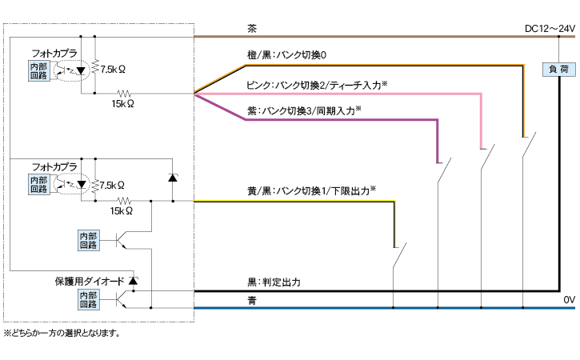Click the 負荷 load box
pos(558,70)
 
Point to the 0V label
pos(569,300)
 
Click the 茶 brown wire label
pos(252,28)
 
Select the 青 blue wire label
pos(252,300)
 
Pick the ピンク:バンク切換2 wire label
pos(317,85)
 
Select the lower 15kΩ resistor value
pos(121,211)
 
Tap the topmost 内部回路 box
pos(38,70)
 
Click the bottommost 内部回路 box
pos(88,299)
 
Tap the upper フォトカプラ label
pos(54,54)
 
